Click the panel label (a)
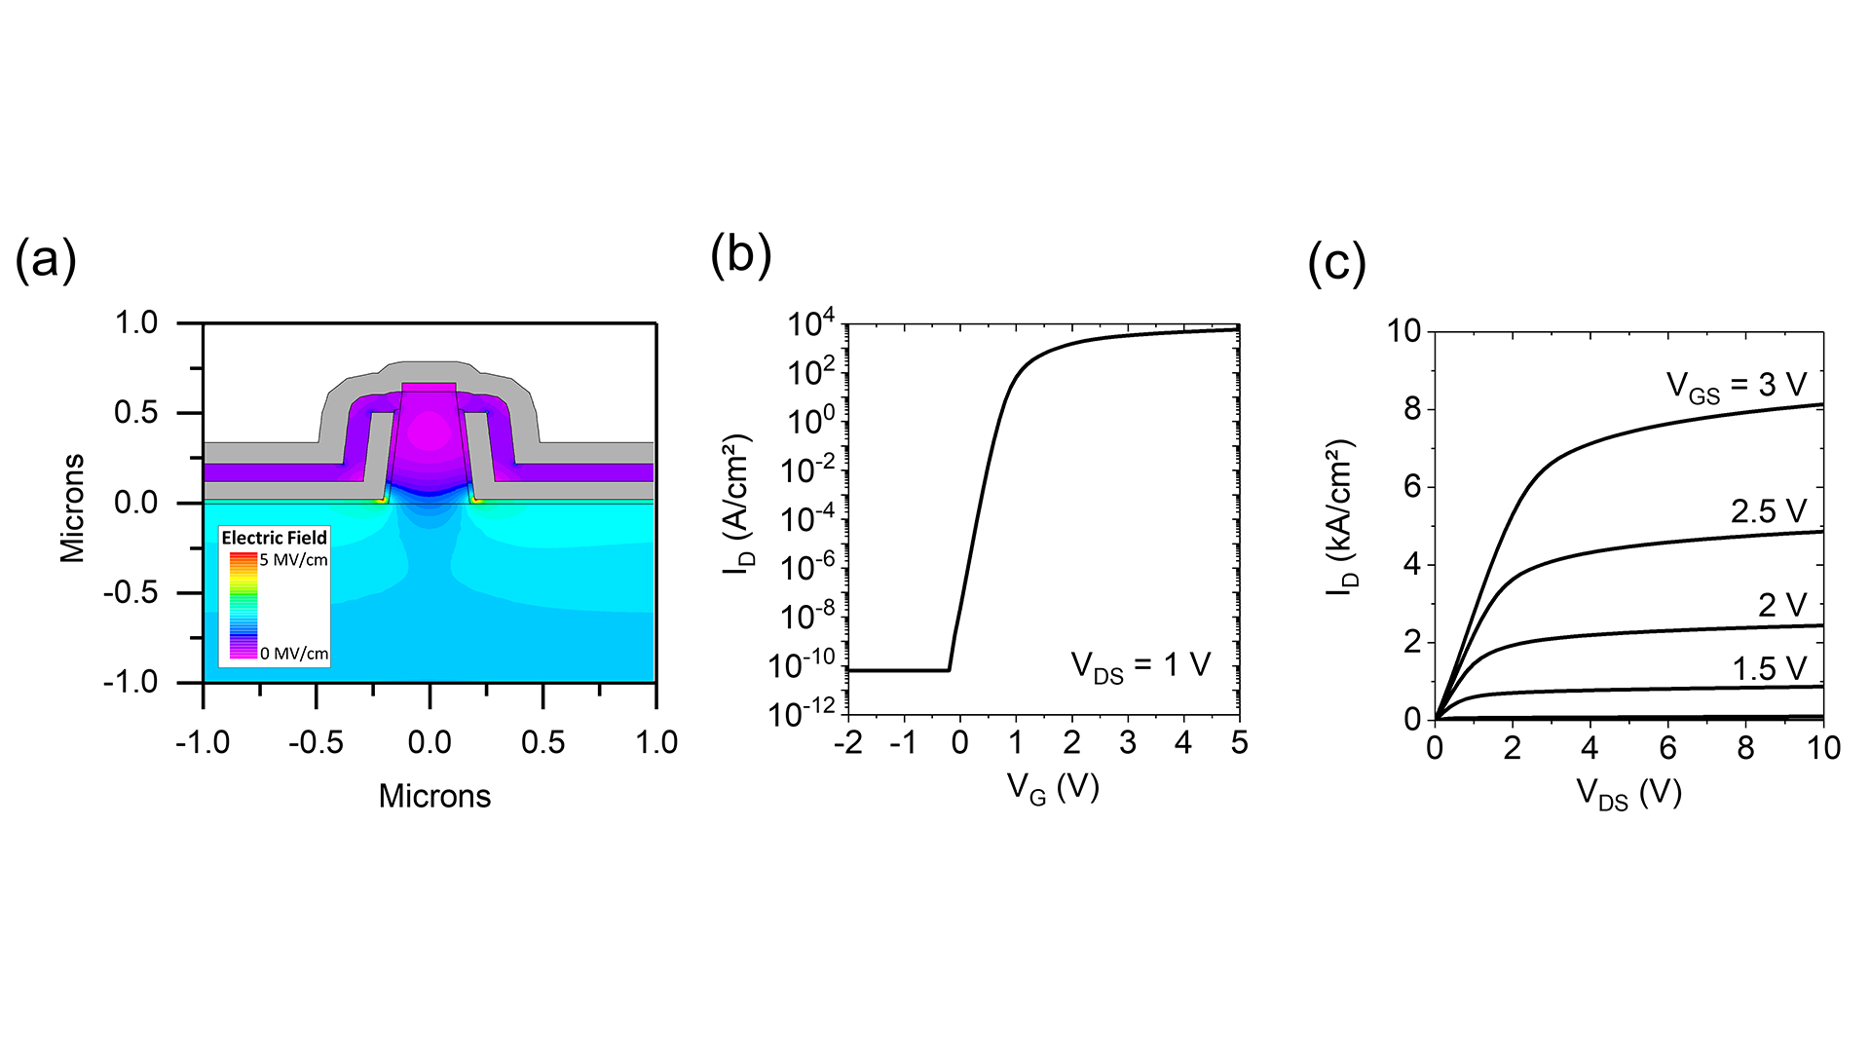point(46,261)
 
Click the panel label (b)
point(741,255)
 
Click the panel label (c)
point(1336,263)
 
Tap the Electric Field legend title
point(275,538)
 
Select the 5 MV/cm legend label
point(293,560)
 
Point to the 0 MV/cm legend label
point(294,654)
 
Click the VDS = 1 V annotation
point(1140,666)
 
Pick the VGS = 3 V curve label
point(1736,386)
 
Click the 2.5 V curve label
point(1768,511)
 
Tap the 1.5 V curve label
point(1769,669)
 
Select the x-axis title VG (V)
point(1052,787)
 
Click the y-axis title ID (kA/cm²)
point(1343,517)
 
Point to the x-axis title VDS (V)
point(1628,794)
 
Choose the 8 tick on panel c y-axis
point(1412,409)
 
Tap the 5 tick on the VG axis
point(1239,743)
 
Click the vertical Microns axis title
point(72,507)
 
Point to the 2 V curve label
point(1781,606)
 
